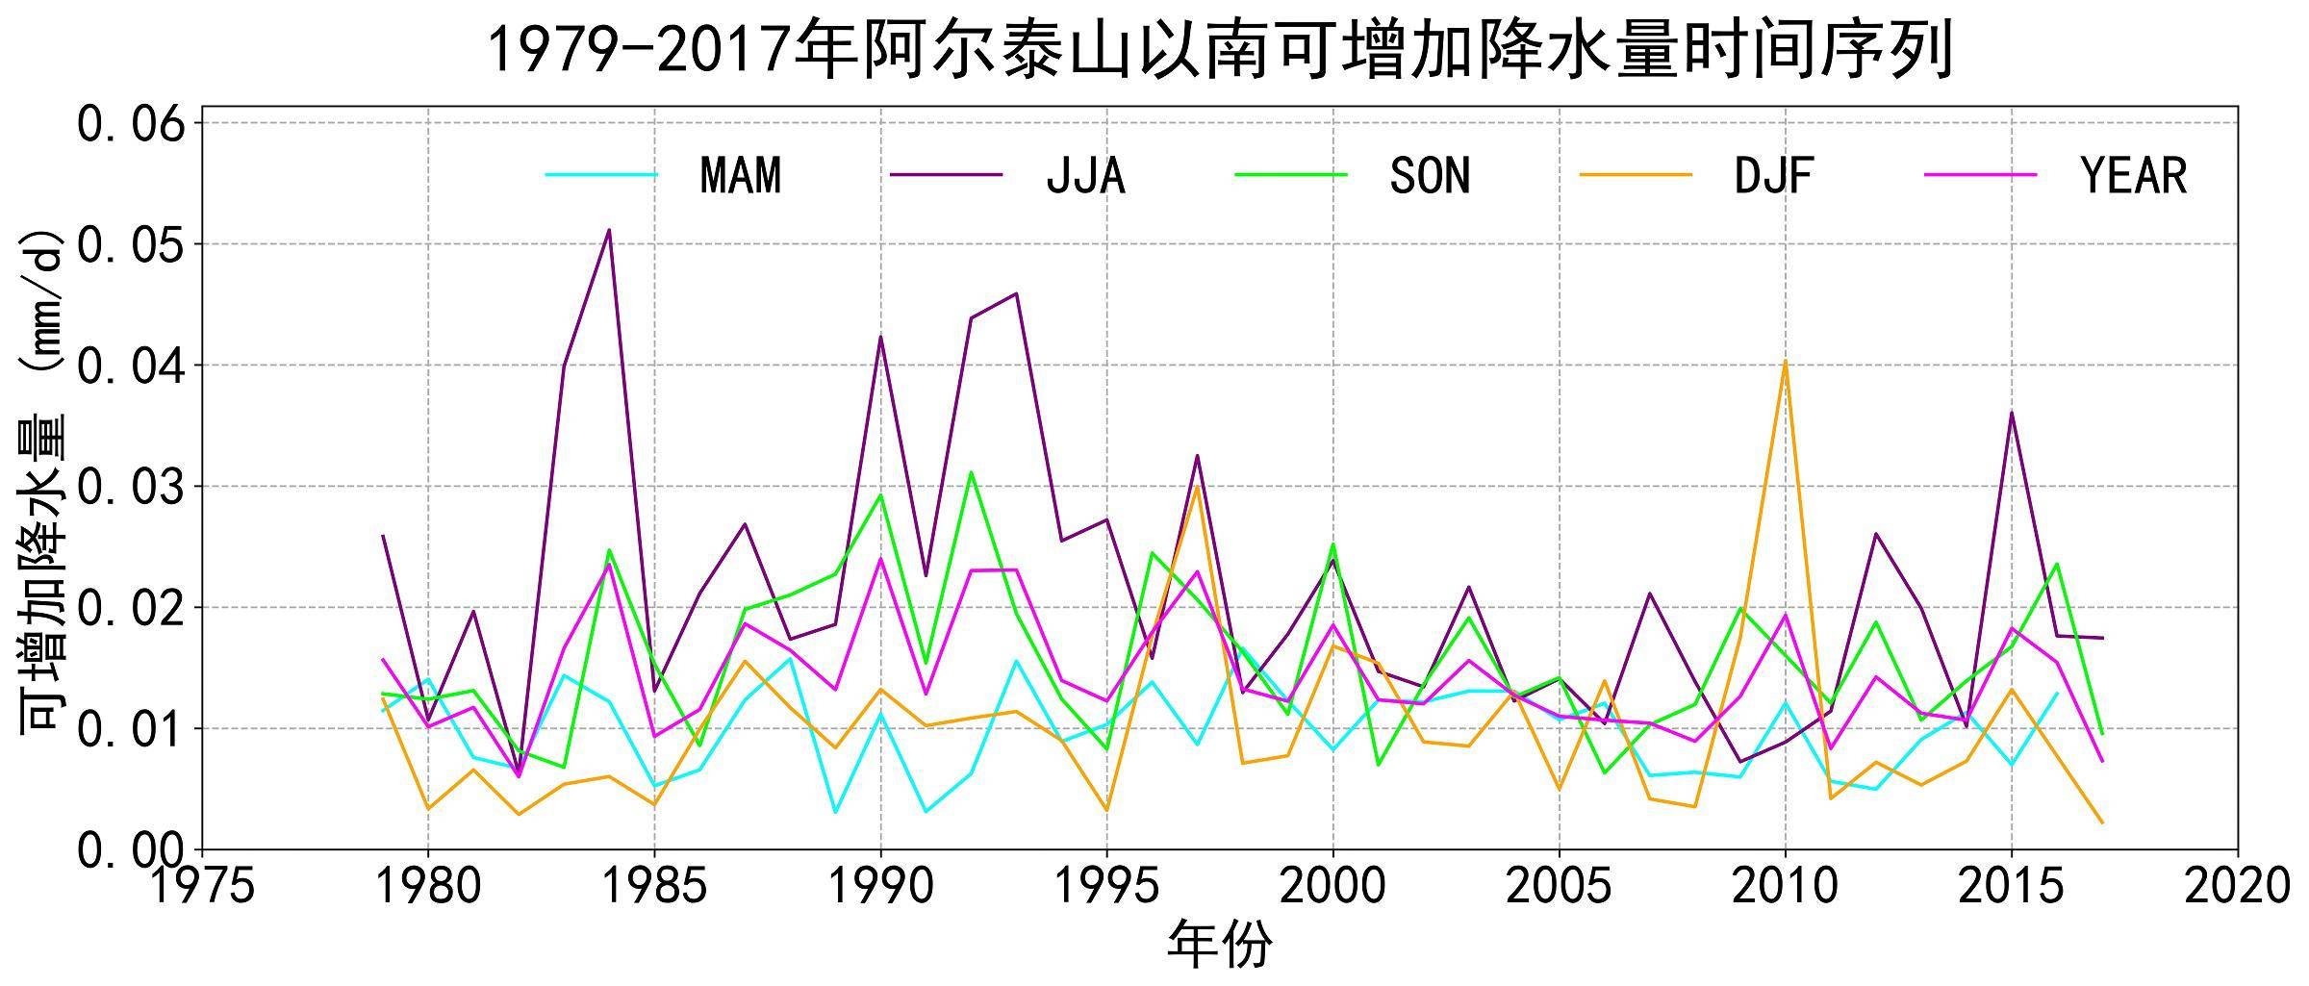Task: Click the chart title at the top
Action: pos(1220,50)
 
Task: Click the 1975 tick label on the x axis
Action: pos(202,886)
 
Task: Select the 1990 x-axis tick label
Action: pos(880,886)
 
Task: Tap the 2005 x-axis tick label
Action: pos(1559,886)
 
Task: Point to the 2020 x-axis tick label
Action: pos(2237,886)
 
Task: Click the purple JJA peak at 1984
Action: pos(609,230)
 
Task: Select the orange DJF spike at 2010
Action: pos(1785,362)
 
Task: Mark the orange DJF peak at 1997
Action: pos(1197,486)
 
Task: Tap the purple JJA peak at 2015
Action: pos(2011,413)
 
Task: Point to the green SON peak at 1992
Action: pos(972,472)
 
